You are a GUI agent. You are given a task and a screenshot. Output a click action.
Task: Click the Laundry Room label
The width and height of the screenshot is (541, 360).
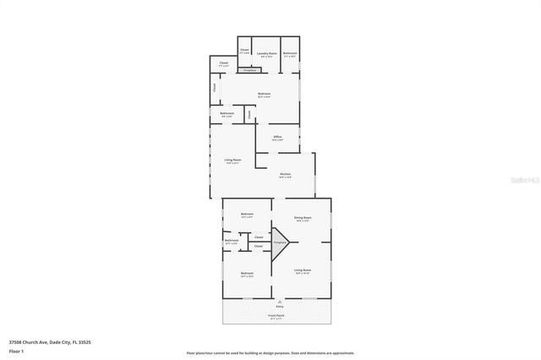266,53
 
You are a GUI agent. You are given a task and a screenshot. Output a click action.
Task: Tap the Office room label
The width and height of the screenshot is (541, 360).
277,137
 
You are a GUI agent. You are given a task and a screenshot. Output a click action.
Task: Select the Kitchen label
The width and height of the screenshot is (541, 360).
286,175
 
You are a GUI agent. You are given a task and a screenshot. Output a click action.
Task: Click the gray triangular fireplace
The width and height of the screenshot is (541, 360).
279,241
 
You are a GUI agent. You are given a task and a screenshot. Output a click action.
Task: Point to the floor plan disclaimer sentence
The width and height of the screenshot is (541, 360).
270,352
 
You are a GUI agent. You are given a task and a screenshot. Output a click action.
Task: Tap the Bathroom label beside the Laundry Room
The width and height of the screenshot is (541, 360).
290,53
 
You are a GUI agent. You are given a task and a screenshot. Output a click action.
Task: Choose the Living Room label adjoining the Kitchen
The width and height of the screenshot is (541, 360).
232,161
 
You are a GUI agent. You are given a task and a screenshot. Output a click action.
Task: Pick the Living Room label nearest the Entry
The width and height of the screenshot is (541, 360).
303,271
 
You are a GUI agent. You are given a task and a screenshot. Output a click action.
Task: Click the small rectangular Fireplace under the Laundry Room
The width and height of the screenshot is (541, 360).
249,70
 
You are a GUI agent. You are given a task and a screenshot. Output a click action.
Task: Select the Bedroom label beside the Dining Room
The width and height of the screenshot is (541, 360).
247,214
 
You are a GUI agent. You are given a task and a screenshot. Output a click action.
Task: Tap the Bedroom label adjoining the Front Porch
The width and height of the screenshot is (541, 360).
247,274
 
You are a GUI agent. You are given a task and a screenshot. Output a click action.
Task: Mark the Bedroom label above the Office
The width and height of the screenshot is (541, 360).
264,94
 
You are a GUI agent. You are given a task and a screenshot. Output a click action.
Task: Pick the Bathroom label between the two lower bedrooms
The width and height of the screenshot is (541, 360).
232,241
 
